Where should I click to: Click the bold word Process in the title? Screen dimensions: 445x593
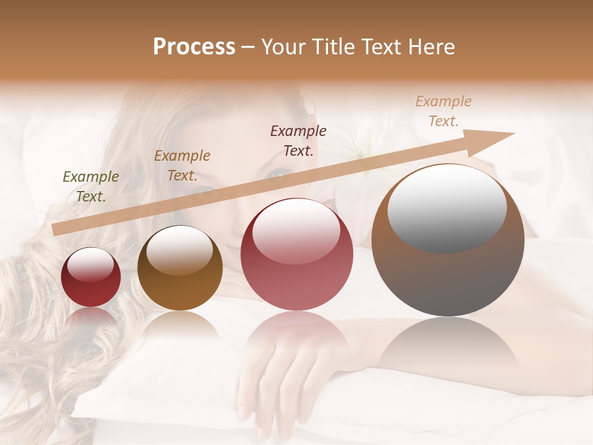pos(194,47)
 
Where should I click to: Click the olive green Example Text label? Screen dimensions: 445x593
pos(91,186)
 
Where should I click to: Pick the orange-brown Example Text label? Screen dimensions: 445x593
pos(182,166)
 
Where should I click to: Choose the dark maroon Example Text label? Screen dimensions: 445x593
pos(298,140)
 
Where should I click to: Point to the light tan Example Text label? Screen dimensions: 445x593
pos(444,111)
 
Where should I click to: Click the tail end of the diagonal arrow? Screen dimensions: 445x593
pos(57,229)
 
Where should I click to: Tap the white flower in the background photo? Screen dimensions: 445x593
pos(364,148)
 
